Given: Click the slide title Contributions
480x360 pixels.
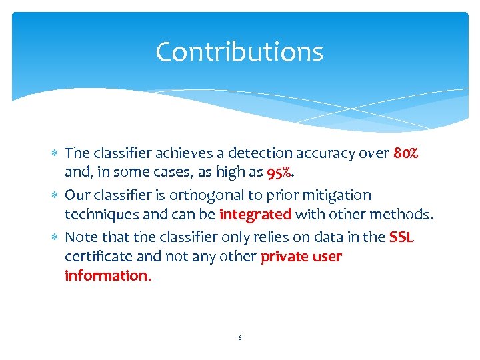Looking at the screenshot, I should [x=239, y=52].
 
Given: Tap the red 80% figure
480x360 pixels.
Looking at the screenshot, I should [x=406, y=153].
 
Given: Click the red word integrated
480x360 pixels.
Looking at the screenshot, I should [x=255, y=215].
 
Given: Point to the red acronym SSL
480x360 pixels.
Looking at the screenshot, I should [x=401, y=237].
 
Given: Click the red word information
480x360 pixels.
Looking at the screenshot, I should [x=107, y=276].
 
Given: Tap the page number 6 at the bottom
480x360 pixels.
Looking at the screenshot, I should [x=240, y=338].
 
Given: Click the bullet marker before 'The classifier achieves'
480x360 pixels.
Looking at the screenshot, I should [x=55, y=154].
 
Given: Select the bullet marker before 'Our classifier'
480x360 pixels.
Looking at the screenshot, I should [x=55, y=196].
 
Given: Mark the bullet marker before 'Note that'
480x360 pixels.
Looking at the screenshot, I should [x=55, y=237].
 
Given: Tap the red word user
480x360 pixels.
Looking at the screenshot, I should [x=328, y=257].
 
